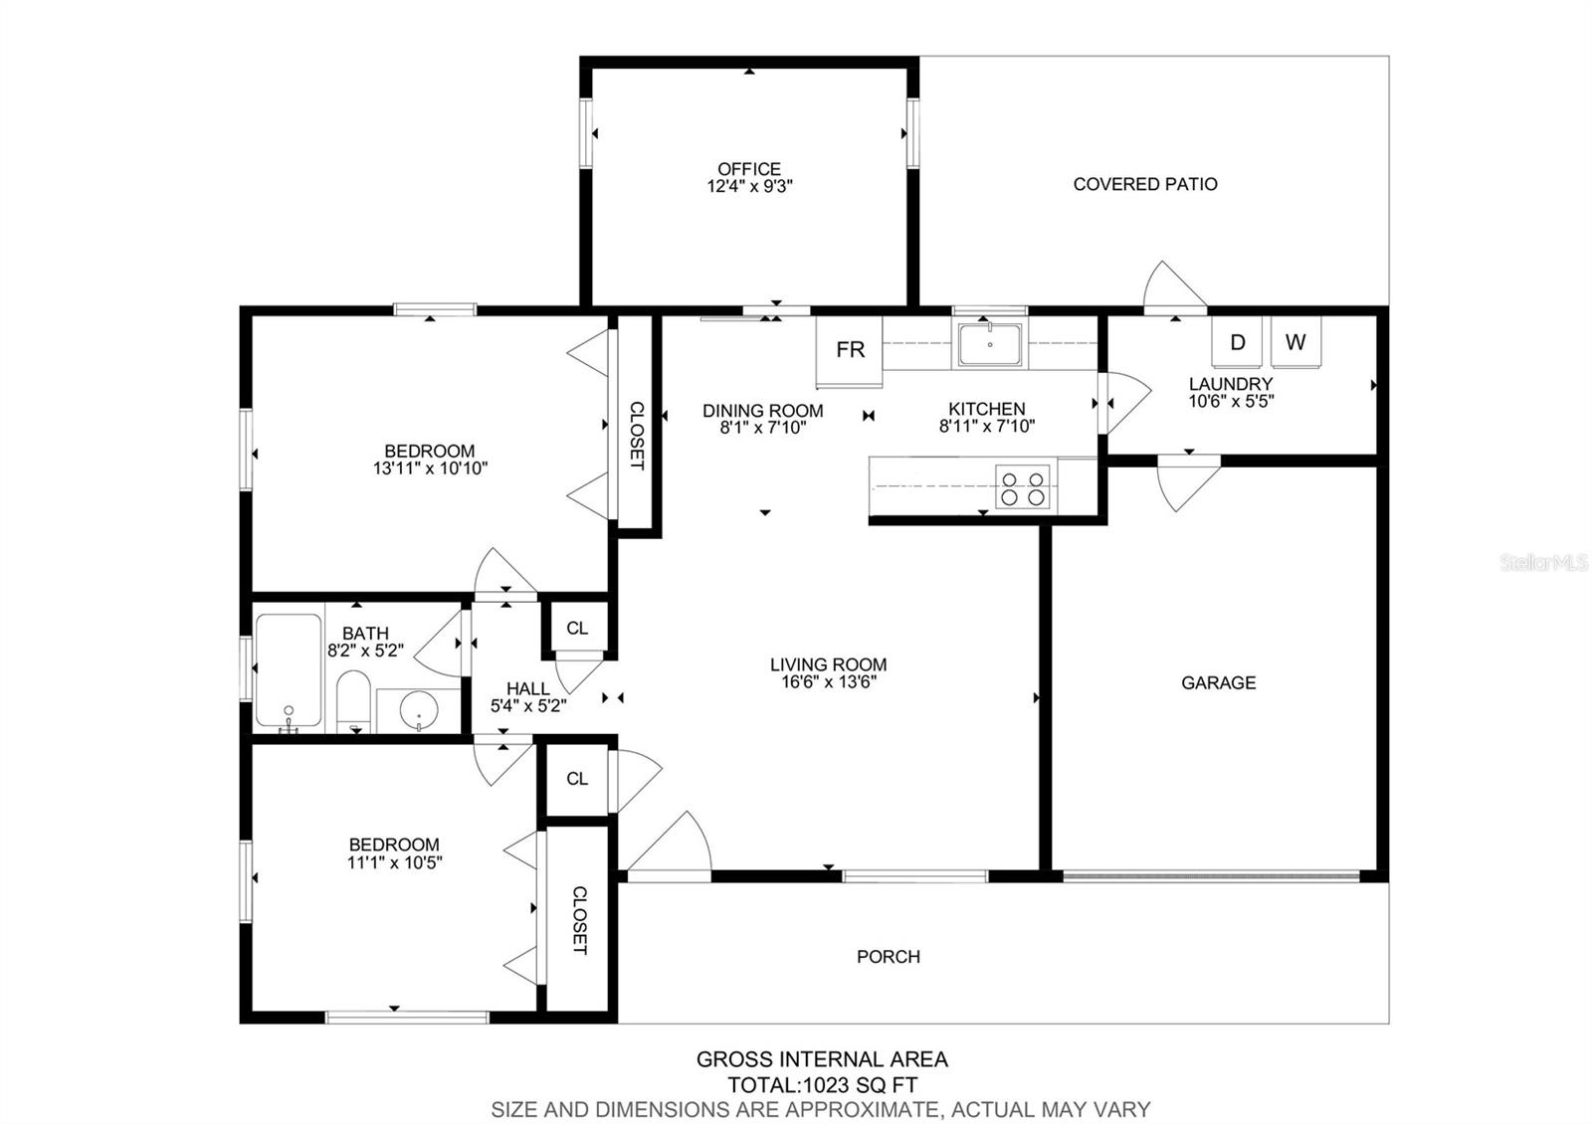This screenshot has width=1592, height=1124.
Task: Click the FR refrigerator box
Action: (x=850, y=350)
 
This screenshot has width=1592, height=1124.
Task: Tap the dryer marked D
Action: (x=1237, y=342)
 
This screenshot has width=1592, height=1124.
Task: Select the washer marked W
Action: (x=1294, y=342)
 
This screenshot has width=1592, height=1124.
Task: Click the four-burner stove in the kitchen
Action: (x=1023, y=486)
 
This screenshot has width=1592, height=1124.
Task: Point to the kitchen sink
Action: (x=989, y=344)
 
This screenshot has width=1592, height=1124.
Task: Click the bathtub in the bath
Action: (x=289, y=670)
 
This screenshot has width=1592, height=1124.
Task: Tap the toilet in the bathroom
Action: (x=353, y=700)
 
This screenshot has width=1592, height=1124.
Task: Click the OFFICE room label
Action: (x=749, y=169)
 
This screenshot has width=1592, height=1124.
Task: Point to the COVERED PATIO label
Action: (x=1145, y=184)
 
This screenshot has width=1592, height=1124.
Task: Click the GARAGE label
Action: (x=1218, y=682)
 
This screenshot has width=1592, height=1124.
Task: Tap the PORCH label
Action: (x=889, y=956)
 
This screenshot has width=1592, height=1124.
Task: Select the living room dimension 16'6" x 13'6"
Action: (x=828, y=681)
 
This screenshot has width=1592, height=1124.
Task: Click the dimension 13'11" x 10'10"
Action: (x=430, y=468)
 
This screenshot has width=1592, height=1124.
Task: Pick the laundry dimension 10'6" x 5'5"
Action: (x=1231, y=401)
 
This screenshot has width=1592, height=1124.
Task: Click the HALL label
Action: (x=527, y=688)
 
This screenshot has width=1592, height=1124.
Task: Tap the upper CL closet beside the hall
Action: (x=577, y=628)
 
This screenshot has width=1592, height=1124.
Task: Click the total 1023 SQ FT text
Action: (x=822, y=1084)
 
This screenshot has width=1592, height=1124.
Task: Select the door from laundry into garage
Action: (x=1189, y=482)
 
